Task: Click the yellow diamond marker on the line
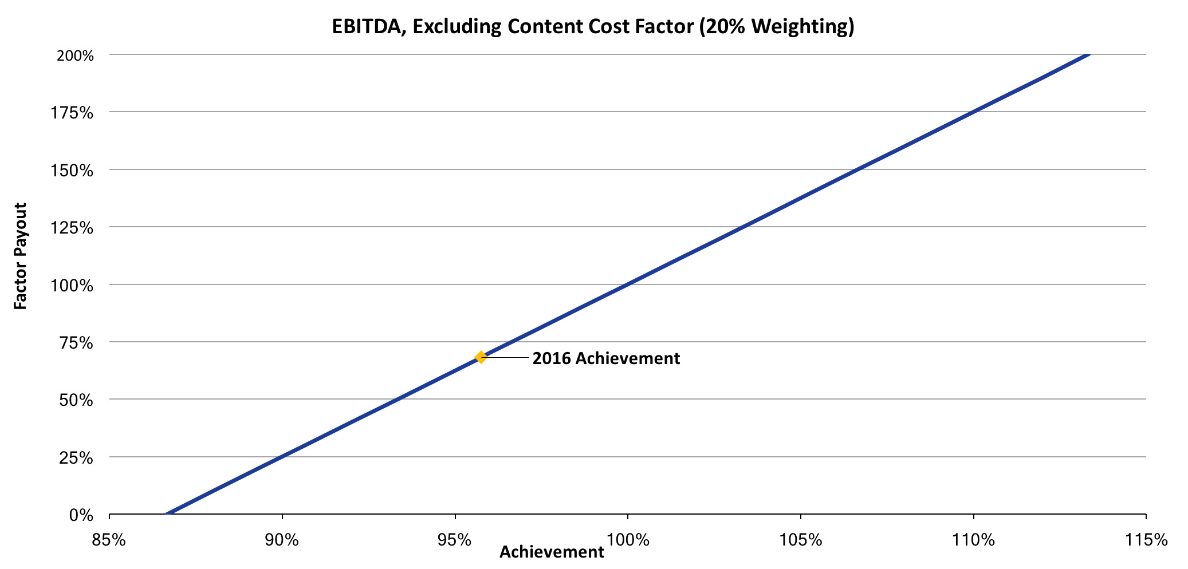[481, 357]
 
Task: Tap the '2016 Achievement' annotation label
[606, 358]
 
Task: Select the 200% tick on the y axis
[75, 56]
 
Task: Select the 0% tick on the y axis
[81, 516]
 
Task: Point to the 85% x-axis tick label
[109, 540]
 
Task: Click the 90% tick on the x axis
[282, 540]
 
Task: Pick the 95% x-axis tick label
[455, 540]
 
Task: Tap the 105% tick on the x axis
[801, 540]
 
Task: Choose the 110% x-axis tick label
[974, 540]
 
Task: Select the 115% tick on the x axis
[1146, 540]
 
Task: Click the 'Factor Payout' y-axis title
[21, 256]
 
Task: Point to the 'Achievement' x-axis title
[552, 552]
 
